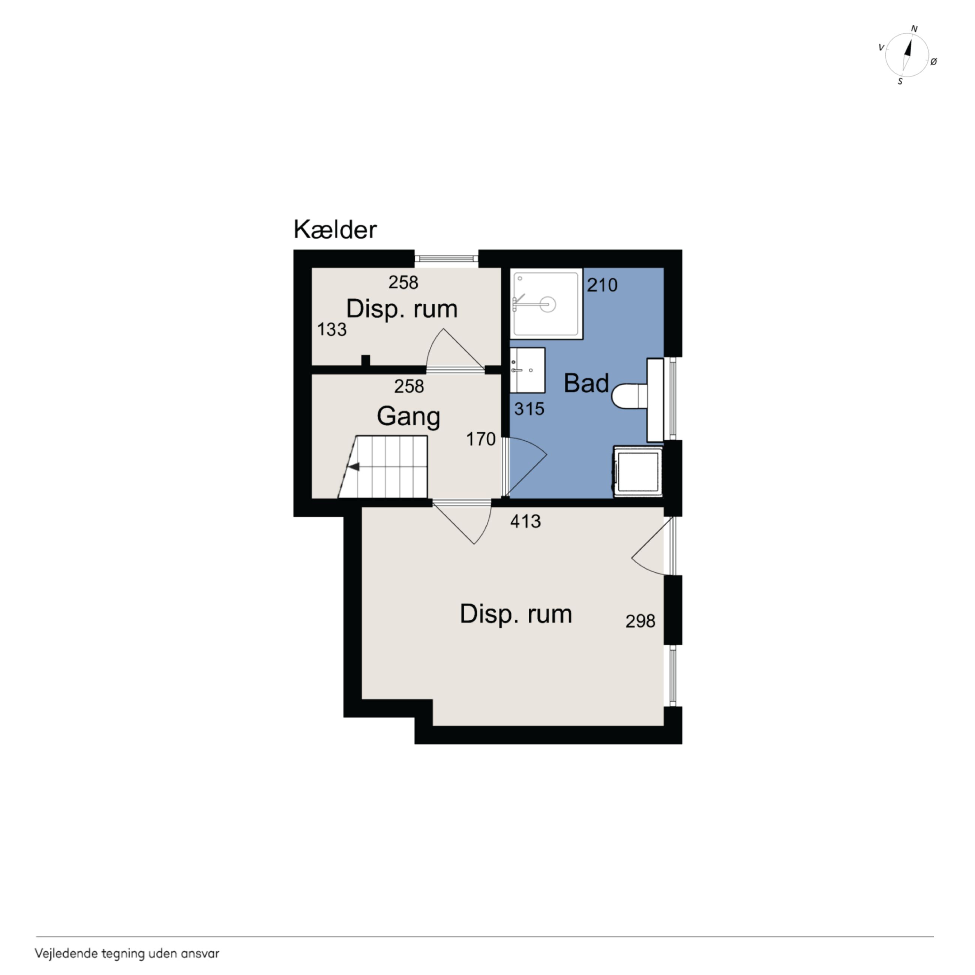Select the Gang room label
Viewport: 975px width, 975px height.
(408, 417)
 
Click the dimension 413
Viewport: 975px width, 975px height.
(525, 521)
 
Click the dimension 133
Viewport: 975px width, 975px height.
(331, 330)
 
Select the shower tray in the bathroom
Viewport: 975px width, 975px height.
(546, 304)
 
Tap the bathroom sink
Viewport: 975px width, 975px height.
(527, 370)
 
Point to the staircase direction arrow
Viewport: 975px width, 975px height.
(354, 467)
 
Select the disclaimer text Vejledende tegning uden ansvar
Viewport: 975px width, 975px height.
(127, 953)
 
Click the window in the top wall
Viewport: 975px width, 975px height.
(446, 259)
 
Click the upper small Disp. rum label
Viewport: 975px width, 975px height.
(402, 309)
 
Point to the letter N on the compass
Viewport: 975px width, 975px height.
(914, 29)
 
